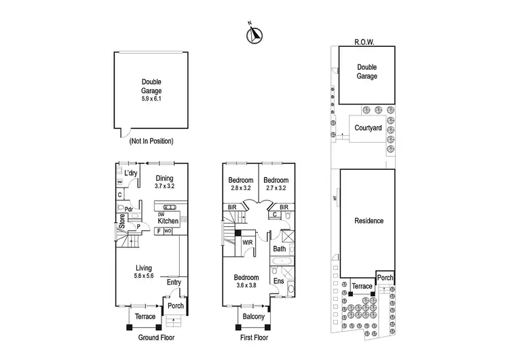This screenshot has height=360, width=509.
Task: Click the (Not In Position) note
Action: coord(151,141)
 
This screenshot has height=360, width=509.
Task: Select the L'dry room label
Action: coord(131,174)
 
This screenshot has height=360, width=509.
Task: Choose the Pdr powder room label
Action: coord(128,209)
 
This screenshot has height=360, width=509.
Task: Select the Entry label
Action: coord(174,283)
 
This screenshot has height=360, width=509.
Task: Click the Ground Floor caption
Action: coord(157,338)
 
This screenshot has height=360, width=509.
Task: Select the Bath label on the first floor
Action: coord(280,249)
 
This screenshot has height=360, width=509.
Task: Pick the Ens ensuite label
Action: coord(278,281)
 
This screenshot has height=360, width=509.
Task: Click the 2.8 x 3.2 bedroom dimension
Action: coord(240,187)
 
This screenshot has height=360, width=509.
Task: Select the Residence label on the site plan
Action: coord(369,221)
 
